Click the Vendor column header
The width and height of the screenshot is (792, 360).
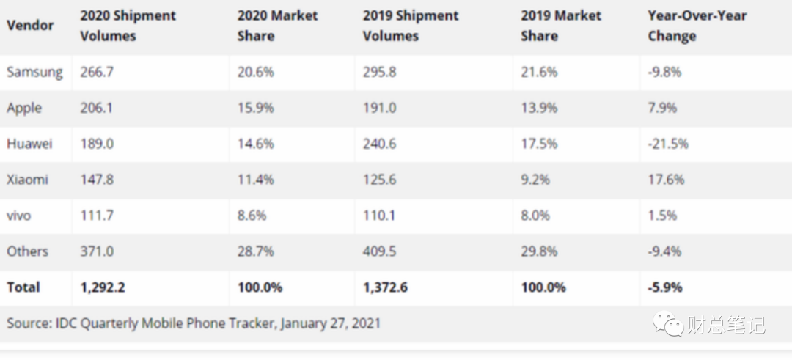pos(30,26)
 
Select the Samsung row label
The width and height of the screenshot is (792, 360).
pos(34,72)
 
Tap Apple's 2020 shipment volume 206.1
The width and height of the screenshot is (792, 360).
pos(97,108)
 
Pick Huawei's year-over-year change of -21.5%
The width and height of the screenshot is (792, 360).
pos(668,144)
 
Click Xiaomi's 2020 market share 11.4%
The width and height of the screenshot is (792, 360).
pos(255,180)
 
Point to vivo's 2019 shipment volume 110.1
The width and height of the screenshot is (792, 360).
pos(379,216)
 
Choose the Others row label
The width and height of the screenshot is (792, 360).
pos(27,251)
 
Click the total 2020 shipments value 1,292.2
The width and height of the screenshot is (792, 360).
pos(103,287)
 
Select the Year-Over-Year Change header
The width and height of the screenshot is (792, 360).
pos(697,26)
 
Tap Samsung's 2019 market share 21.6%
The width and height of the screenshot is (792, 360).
pos(539,72)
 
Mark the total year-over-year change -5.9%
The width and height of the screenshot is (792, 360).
pos(665,287)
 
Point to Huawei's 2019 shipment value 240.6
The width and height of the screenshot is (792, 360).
pos(379,144)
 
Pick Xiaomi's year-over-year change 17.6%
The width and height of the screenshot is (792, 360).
pos(666,180)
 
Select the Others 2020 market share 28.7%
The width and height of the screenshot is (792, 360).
pos(255,251)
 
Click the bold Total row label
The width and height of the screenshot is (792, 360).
pos(23,287)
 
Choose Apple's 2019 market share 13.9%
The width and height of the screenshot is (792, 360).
pos(539,108)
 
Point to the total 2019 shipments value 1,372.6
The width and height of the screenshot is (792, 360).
pos(385,287)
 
